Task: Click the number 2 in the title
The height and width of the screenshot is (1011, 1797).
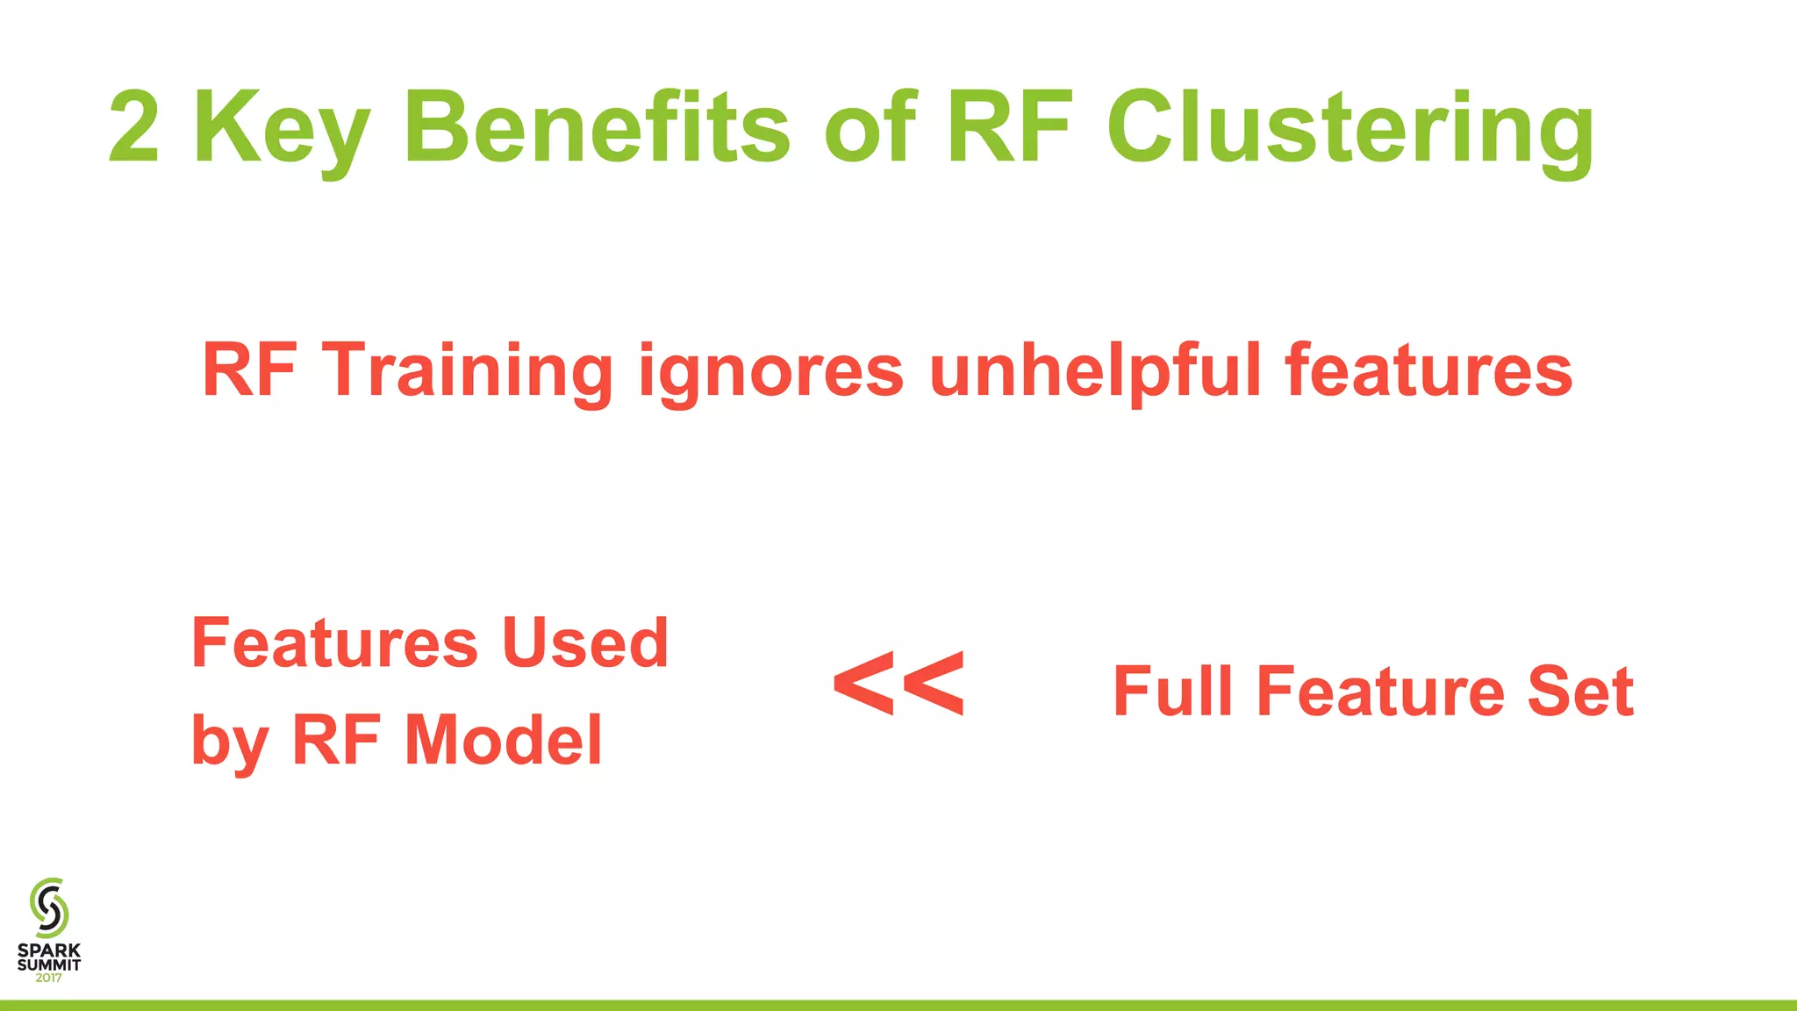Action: pos(134,127)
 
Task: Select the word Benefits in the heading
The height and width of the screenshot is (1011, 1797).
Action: pos(597,127)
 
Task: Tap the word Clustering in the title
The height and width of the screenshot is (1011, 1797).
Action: pos(1350,130)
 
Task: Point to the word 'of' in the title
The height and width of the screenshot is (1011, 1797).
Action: pos(870,127)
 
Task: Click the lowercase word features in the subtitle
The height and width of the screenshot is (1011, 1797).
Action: pos(1428,370)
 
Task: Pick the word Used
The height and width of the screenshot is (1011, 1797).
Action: pos(585,643)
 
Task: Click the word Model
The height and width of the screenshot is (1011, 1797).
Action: pos(503,741)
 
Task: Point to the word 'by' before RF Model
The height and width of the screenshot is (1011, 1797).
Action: pos(218,742)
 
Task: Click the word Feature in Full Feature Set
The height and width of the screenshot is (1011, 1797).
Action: pos(1380,692)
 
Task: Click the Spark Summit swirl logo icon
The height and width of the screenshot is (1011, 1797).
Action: pos(49,907)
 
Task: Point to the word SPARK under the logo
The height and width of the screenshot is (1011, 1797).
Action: pos(49,950)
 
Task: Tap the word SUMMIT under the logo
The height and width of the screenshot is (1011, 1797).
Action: pos(49,964)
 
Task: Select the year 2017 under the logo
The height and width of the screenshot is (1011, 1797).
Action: pos(49,978)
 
